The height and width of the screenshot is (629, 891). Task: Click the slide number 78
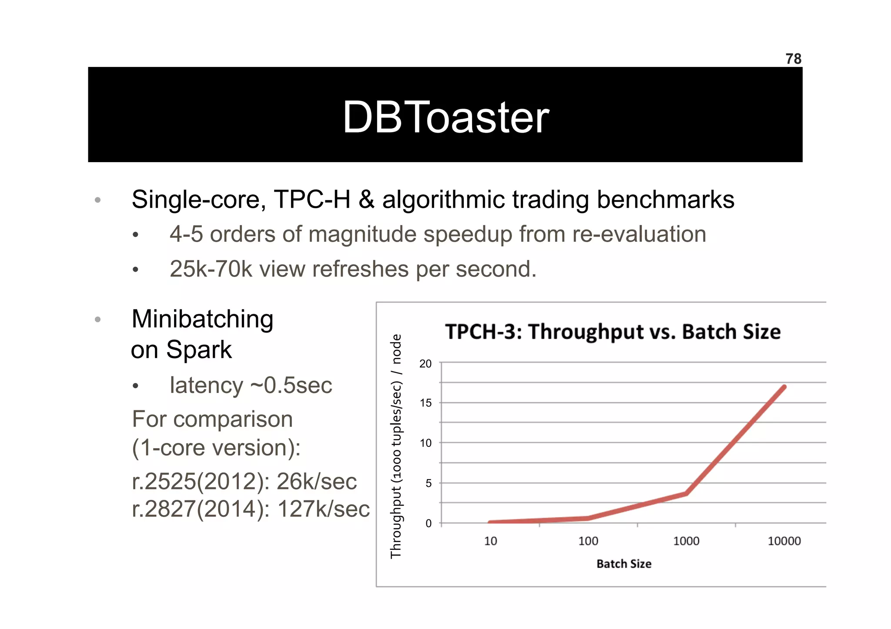pyautogui.click(x=793, y=59)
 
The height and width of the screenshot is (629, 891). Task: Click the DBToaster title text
pyautogui.click(x=445, y=117)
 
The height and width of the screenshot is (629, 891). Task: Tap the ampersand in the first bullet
pyautogui.click(x=366, y=200)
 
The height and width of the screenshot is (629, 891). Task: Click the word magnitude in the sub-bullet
pyautogui.click(x=374, y=235)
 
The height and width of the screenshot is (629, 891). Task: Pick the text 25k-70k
pyautogui.click(x=211, y=269)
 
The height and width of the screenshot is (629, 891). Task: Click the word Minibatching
pyautogui.click(x=202, y=319)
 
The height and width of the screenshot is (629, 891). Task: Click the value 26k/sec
pyautogui.click(x=316, y=482)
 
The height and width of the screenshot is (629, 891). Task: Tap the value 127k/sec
pyautogui.click(x=323, y=509)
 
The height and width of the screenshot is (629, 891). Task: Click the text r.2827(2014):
pyautogui.click(x=201, y=509)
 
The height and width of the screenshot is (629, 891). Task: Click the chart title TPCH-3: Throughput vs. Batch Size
pyautogui.click(x=613, y=332)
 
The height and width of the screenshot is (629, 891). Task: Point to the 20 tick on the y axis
pyautogui.click(x=425, y=364)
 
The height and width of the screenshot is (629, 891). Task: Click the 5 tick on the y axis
pyautogui.click(x=428, y=483)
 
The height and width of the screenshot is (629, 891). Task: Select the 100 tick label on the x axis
pyautogui.click(x=588, y=541)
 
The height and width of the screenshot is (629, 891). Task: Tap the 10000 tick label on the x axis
pyautogui.click(x=784, y=541)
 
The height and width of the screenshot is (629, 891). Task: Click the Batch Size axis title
pyautogui.click(x=624, y=564)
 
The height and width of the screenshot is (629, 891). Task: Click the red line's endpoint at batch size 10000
pyautogui.click(x=784, y=386)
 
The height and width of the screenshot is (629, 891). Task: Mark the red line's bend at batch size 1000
pyautogui.click(x=686, y=493)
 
